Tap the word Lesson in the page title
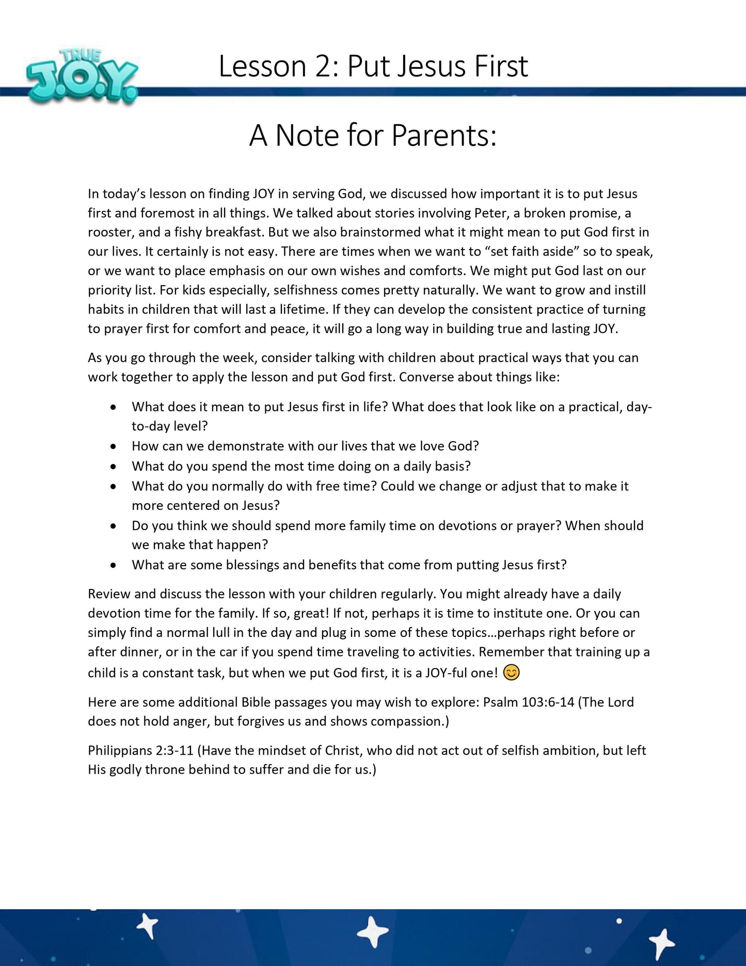pyautogui.click(x=262, y=67)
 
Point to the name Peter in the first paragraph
pyautogui.click(x=491, y=213)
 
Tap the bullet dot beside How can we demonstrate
pyautogui.click(x=113, y=446)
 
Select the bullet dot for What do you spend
pyautogui.click(x=113, y=466)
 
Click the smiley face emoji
pyautogui.click(x=511, y=673)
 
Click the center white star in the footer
pyautogui.click(x=373, y=933)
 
